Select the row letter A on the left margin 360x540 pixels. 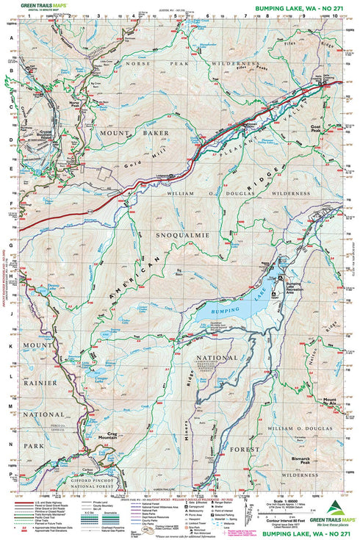pyautogui.click(x=11, y=40)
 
